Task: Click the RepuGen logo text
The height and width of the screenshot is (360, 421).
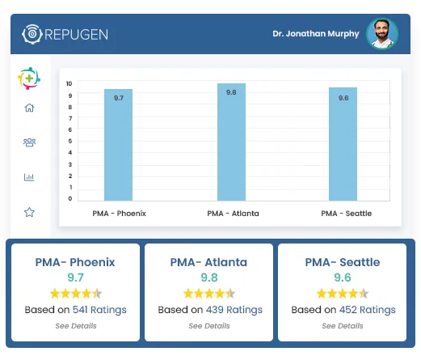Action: tap(77, 35)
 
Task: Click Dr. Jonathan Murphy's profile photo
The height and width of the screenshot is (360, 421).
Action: tap(382, 34)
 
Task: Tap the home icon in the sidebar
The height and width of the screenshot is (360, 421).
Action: tap(29, 108)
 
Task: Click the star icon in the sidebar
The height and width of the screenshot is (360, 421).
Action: tap(29, 212)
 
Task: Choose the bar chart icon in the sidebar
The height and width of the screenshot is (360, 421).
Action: tap(29, 176)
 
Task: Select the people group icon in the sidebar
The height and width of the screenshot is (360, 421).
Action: tap(29, 142)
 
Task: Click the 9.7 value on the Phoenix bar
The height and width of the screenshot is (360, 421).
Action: tap(119, 98)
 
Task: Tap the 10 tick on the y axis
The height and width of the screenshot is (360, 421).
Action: tap(69, 83)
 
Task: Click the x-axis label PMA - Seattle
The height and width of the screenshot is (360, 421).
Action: tap(343, 214)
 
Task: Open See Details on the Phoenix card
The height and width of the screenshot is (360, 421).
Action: tap(75, 326)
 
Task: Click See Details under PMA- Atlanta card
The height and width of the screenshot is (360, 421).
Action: tap(208, 326)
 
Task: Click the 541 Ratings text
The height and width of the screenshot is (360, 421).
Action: tap(99, 309)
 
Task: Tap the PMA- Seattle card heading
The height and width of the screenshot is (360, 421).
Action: tap(343, 262)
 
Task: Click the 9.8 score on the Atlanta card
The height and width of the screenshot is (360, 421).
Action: tap(208, 277)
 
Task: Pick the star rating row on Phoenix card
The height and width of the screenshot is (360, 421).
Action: tap(75, 293)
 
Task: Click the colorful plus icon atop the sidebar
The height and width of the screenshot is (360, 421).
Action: tap(29, 78)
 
